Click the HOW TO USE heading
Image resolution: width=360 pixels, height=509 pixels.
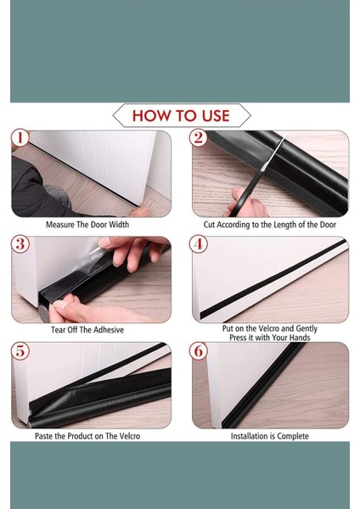181,115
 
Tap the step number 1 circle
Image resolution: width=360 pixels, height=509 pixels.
20,137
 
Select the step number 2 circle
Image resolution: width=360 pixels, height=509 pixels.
198,137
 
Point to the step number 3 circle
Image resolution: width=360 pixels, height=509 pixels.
20,243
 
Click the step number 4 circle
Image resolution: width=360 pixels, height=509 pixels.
198,243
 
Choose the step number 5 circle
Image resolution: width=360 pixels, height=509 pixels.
20,350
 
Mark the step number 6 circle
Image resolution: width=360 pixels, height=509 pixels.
198,350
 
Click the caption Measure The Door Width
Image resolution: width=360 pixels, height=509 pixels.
87,225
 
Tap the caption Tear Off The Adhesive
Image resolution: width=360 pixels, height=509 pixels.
87,330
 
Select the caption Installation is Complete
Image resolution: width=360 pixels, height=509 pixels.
270,436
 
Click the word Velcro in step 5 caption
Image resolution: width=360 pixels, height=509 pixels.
129,436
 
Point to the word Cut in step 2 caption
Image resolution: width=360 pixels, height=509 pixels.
209,225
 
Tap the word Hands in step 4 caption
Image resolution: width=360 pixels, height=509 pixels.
300,338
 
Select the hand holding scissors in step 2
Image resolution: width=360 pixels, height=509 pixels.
246,204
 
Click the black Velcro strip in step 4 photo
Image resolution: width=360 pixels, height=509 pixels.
273,278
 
